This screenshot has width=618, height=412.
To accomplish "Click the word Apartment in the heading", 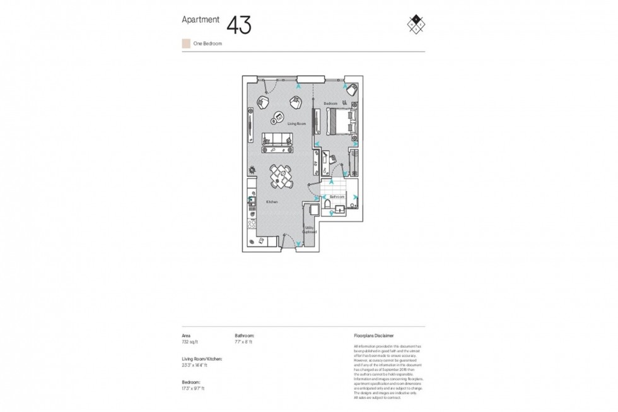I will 201,20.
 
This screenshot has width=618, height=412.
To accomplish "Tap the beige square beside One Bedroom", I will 185,44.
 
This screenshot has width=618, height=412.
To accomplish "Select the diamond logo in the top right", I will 416,23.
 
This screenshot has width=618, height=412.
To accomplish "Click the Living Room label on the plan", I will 296,124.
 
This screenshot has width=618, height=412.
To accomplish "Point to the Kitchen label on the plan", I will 272,201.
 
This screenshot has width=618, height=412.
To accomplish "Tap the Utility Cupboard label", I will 310,231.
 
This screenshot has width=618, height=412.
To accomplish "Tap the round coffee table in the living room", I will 277,118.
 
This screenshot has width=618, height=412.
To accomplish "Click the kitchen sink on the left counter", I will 251,203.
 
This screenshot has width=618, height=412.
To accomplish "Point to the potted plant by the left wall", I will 251,169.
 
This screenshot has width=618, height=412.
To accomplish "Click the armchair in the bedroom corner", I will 353,90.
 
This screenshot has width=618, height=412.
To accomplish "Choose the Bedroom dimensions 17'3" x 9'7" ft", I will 193,388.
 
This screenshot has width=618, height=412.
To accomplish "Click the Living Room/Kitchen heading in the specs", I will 202,359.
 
